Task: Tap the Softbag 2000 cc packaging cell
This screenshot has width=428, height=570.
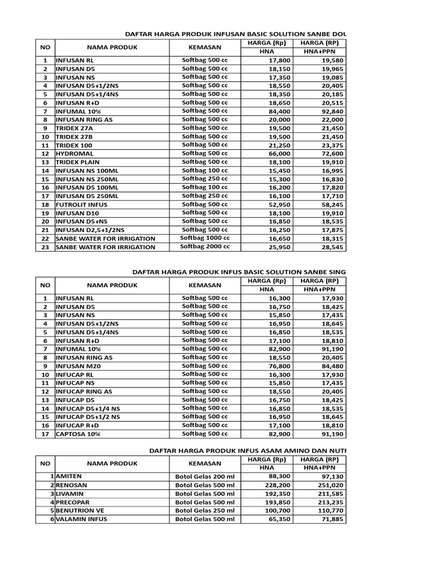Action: (205, 246)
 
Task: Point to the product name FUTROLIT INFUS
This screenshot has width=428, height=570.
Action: (81, 204)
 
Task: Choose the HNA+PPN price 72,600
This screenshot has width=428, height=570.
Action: (324, 153)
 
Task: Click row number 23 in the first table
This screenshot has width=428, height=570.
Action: (45, 247)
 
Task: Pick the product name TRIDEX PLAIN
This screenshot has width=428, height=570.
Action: (77, 162)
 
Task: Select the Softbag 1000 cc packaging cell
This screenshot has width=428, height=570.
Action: (205, 238)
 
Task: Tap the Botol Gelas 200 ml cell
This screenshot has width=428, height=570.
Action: (205, 476)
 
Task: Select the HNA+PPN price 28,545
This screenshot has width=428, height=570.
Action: (324, 247)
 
